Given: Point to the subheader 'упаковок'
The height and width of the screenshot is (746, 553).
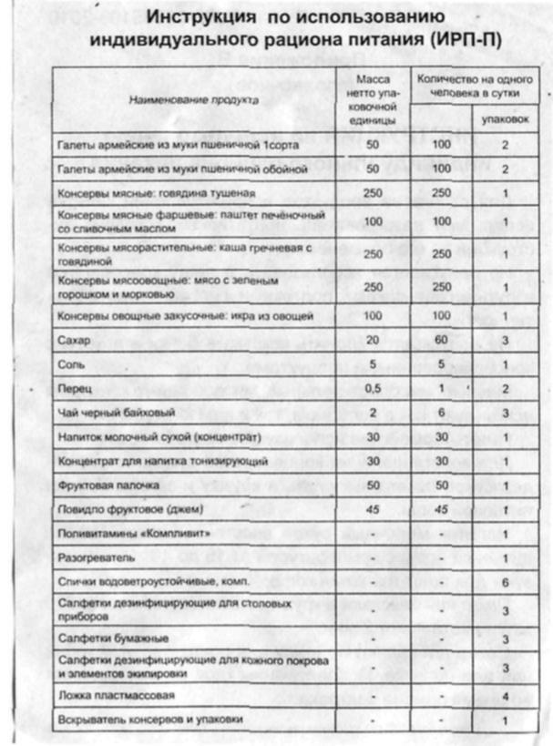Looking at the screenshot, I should [x=504, y=118].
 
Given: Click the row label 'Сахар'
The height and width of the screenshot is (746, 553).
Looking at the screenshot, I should [x=70, y=339].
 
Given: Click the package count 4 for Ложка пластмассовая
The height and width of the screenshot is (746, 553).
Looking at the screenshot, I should [x=504, y=695].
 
